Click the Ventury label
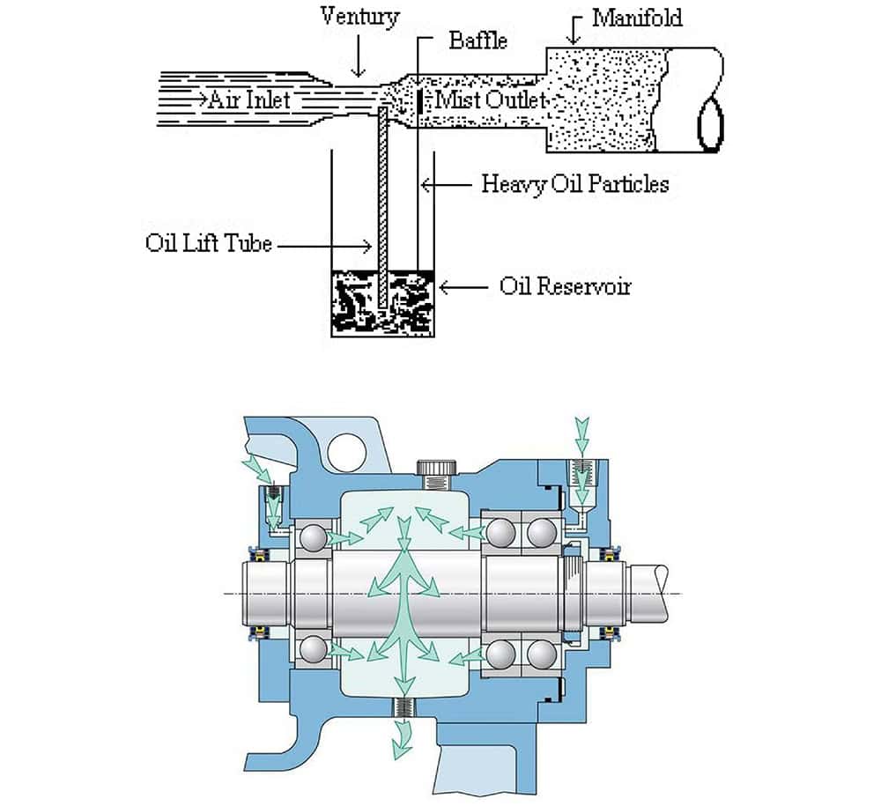(359, 15)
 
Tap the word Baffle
(478, 41)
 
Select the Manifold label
(637, 18)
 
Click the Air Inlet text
(249, 100)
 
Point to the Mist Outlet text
(491, 100)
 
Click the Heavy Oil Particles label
(575, 184)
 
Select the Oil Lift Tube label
(209, 242)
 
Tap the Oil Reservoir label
(566, 286)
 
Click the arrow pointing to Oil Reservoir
(463, 287)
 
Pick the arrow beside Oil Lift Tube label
(325, 246)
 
